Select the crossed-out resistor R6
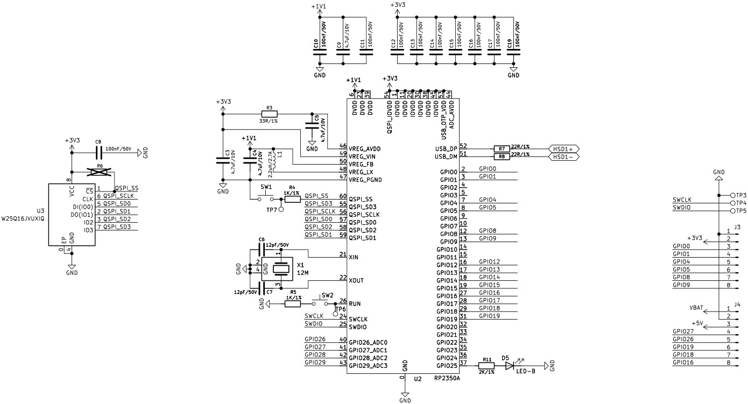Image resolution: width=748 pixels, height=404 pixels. tap(100, 172)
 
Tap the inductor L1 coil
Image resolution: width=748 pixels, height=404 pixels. tap(274, 160)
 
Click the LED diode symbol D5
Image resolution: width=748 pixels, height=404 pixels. tap(510, 366)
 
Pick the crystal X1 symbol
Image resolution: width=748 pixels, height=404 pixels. tap(281, 269)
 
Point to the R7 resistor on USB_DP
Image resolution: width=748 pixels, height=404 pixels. tap(502, 148)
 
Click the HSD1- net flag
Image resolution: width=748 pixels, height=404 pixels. tap(563, 157)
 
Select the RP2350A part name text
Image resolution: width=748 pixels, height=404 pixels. tap(447, 379)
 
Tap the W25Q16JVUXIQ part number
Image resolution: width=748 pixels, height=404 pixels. tap(23, 219)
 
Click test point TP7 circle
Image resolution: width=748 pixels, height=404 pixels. tap(281, 210)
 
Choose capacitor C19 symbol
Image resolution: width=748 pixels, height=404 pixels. tap(513, 52)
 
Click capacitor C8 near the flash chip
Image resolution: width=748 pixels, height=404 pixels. tap(98, 153)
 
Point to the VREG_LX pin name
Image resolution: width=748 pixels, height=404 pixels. tap(361, 172)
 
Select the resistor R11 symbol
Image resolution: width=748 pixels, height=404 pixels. tap(486, 366)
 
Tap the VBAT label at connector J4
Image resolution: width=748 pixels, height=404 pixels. tap(696, 308)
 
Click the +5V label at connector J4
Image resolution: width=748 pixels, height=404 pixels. tap(697, 323)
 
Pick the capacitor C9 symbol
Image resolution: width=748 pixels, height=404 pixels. tap(343, 52)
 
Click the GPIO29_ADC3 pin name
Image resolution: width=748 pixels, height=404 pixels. tap(368, 366)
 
